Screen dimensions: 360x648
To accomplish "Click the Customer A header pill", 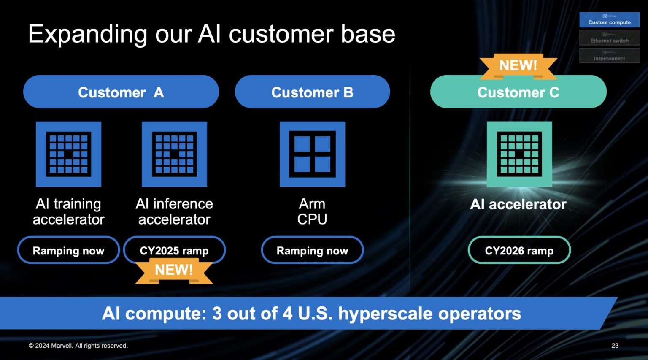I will coord(121,92).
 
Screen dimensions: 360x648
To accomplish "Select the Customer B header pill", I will coord(312,92).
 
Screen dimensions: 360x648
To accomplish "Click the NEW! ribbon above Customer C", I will coord(518,66).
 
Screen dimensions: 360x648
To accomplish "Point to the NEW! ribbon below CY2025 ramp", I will coord(174,271).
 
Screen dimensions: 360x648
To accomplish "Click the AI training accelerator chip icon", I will coord(68,154).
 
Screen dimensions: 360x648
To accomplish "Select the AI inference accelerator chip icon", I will coord(174,154).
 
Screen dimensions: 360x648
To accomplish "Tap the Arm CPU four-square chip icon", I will coord(312,154).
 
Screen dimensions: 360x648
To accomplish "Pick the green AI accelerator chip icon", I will coord(519,154).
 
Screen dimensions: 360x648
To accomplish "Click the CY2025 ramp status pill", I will coord(174,251).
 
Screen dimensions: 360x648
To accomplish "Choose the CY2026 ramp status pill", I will coord(519,251).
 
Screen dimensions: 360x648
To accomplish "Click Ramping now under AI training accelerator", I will coord(68,251).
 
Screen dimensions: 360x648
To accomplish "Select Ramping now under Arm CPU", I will coord(312,251).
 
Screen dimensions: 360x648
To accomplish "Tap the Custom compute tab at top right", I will coord(609,20).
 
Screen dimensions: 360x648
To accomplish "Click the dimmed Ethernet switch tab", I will coord(609,38).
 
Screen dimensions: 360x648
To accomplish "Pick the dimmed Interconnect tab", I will coord(609,56).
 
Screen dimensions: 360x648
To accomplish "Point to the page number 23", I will coord(615,346).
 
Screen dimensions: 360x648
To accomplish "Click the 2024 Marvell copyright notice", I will coord(78,346).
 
